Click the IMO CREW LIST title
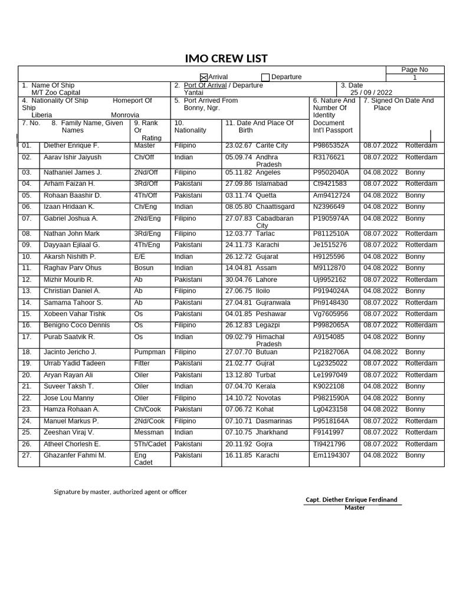click(x=226, y=58)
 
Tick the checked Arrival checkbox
click(x=204, y=77)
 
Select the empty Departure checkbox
click(x=265, y=77)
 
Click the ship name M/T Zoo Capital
click(x=56, y=93)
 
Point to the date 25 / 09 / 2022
click(x=371, y=93)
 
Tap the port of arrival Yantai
click(x=193, y=93)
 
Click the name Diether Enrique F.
click(x=71, y=145)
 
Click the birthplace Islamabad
click(x=271, y=183)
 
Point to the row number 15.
click(x=27, y=314)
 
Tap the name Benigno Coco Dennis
click(x=77, y=325)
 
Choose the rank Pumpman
click(x=150, y=352)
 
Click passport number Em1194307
click(x=331, y=455)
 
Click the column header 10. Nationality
click(x=191, y=126)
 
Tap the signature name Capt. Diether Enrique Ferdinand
click(x=352, y=500)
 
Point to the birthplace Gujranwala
click(x=273, y=303)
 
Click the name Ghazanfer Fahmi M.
click(x=75, y=455)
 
